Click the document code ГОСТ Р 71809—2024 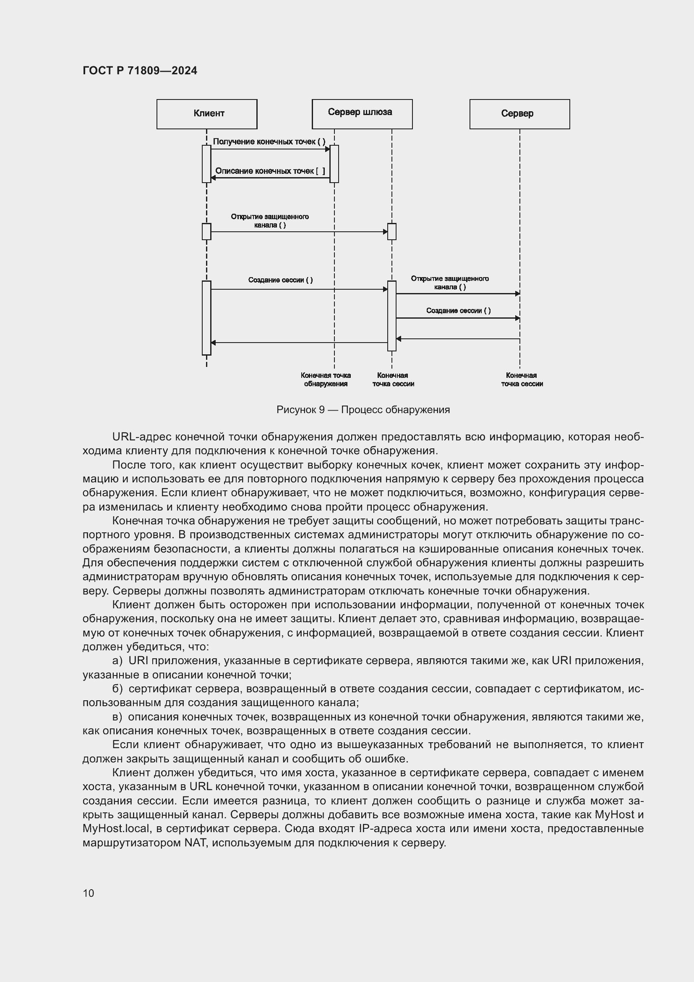click(140, 71)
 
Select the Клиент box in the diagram click(207, 114)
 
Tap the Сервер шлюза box click(362, 114)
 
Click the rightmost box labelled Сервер click(519, 114)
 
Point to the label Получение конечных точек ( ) click(269, 141)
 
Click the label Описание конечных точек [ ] click(270, 171)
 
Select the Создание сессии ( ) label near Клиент click(280, 280)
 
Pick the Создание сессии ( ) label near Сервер click(458, 311)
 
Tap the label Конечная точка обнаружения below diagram click(326, 380)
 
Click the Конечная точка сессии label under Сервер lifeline click(522, 380)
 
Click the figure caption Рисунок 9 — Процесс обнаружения click(363, 410)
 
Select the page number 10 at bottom click(89, 893)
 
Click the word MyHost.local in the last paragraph click(116, 828)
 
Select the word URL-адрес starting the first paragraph click(141, 437)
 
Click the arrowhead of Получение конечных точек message click(328, 149)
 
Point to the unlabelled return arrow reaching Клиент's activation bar click(299, 343)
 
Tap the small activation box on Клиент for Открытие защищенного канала click(206, 231)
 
